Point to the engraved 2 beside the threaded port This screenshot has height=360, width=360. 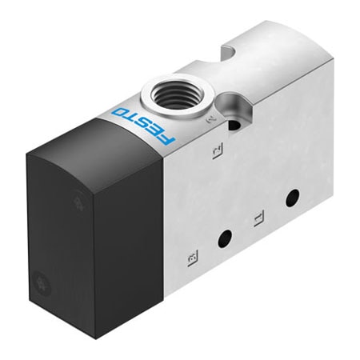(x=211, y=120)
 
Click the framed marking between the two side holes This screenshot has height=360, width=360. (x=257, y=217)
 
